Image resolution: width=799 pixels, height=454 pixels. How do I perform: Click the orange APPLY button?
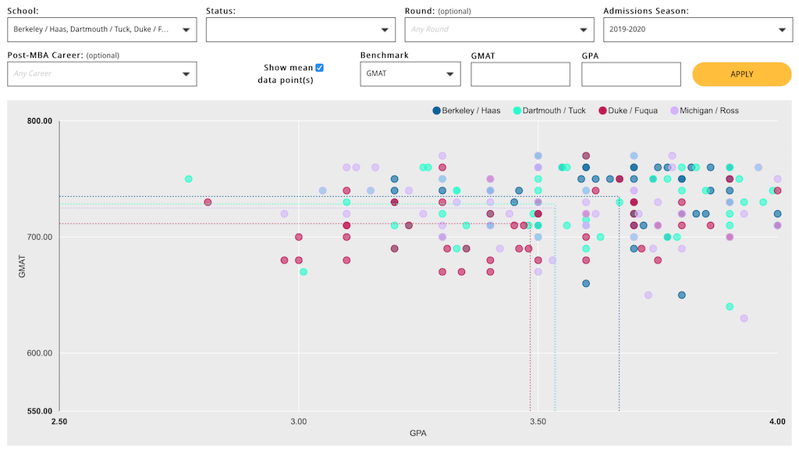[x=741, y=74]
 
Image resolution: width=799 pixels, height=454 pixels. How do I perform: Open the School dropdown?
[x=101, y=30]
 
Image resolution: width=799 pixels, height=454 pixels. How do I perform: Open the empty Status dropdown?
[x=300, y=30]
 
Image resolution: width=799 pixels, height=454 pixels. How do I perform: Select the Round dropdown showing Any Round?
[x=499, y=30]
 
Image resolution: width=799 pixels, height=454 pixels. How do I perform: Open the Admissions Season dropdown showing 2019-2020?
[x=698, y=30]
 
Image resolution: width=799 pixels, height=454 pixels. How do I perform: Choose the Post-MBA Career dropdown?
[x=101, y=74]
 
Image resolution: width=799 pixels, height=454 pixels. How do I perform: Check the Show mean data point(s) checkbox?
[x=319, y=68]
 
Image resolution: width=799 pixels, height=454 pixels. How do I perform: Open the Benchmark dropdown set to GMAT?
[x=410, y=74]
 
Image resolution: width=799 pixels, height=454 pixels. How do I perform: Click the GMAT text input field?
[x=520, y=74]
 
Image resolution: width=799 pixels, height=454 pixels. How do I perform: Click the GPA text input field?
[x=631, y=74]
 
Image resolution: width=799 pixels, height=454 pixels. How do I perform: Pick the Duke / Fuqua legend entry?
[x=629, y=111]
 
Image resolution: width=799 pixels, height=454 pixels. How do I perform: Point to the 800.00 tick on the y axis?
[x=38, y=121]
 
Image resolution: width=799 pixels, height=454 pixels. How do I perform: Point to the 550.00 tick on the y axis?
[x=38, y=411]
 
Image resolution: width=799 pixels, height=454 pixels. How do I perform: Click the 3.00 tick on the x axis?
[x=298, y=422]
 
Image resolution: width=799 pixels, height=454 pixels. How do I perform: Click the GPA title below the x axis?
[x=417, y=434]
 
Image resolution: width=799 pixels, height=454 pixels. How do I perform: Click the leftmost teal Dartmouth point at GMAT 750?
[x=188, y=179]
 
